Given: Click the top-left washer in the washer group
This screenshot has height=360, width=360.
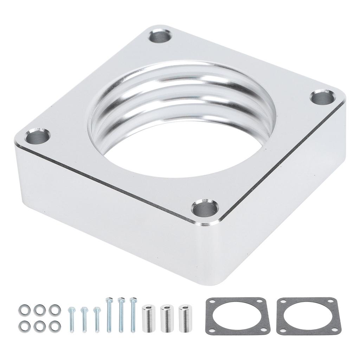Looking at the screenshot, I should coord(25,310).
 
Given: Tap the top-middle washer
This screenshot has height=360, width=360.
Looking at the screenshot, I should coord(39,310).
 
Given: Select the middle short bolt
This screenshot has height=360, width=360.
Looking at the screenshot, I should coord(84,319).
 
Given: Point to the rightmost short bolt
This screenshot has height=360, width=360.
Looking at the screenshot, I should coord(97,319).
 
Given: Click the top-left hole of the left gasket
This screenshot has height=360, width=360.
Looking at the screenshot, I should coord(212,302).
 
